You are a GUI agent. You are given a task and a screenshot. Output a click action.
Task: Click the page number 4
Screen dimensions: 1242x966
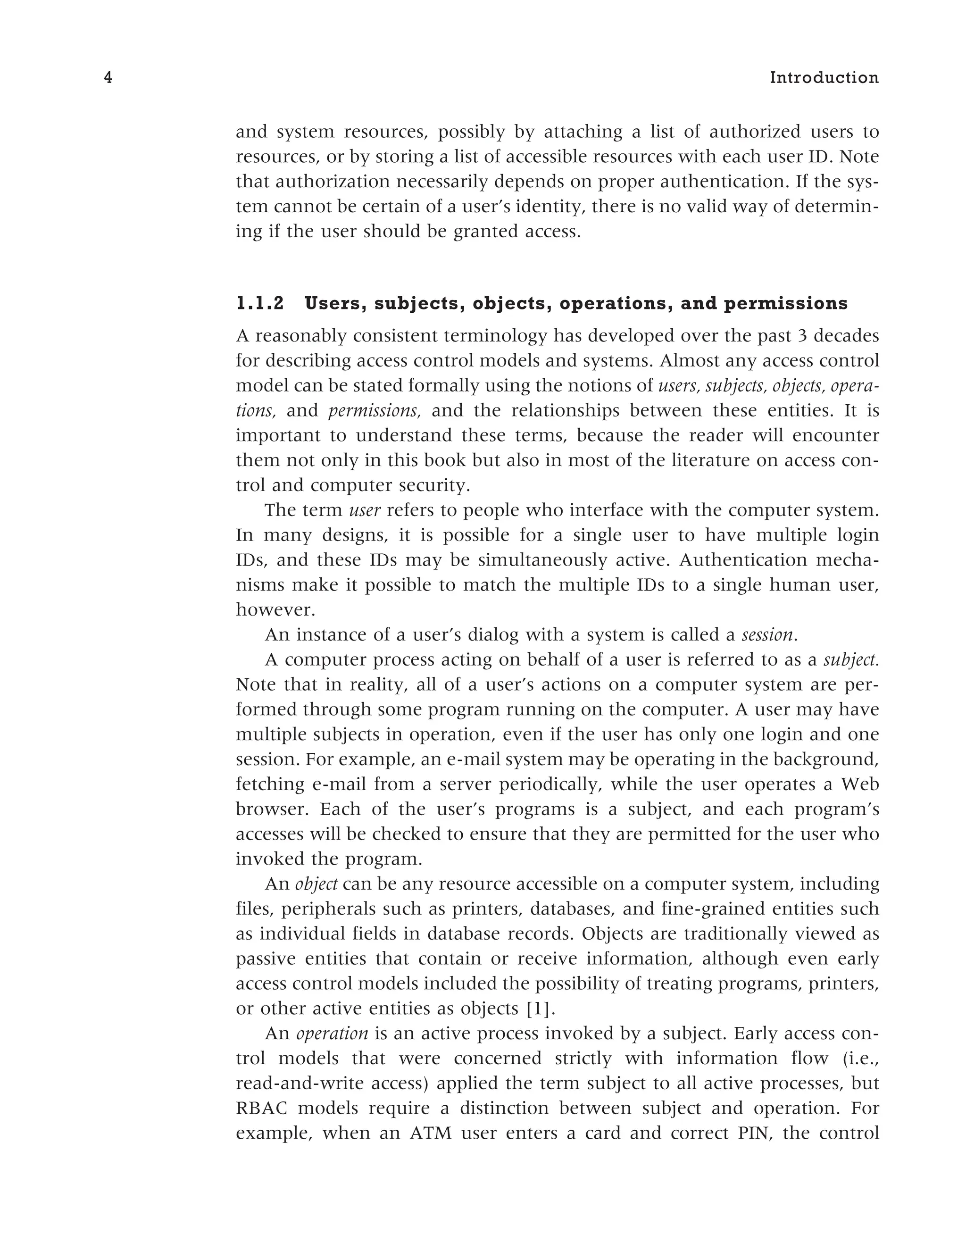click(108, 78)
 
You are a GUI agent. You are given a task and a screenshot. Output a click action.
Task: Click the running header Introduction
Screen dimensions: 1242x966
click(824, 78)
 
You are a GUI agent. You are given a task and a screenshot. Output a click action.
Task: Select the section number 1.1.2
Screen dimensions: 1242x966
click(260, 304)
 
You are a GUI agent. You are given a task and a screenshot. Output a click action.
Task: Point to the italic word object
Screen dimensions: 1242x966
click(316, 884)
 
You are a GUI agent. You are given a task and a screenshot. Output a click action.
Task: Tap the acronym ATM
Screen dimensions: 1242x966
click(430, 1134)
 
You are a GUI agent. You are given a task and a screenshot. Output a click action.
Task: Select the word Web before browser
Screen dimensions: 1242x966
click(860, 785)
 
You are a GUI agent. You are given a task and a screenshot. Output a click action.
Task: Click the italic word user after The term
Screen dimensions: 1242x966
click(365, 511)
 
